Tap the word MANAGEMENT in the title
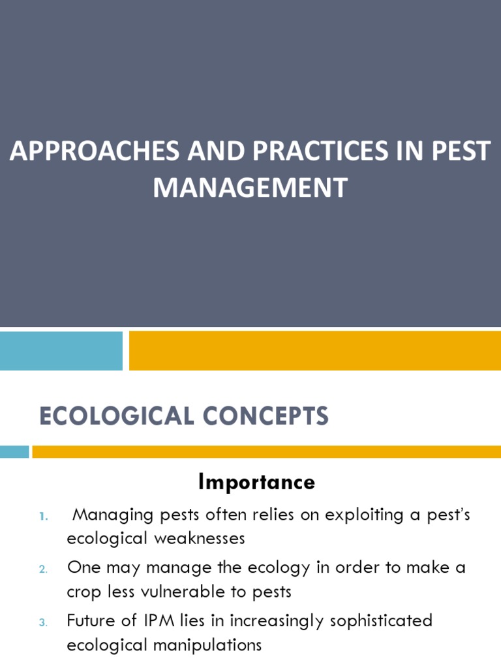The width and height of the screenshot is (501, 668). point(250,187)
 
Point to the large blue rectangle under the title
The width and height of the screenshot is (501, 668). point(61,350)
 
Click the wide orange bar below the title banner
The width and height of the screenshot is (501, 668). point(315,350)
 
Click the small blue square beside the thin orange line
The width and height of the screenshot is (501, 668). point(14,451)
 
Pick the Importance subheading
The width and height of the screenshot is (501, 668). point(256,482)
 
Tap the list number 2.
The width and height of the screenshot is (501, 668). point(44,569)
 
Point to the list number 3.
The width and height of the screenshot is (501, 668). point(44,622)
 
